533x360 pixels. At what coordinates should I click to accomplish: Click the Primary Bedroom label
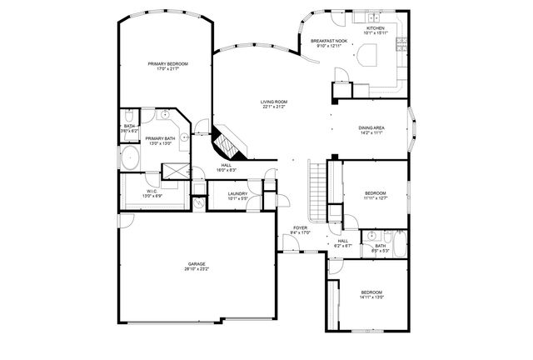[x=167, y=64]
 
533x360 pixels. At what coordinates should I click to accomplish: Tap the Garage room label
[x=197, y=264]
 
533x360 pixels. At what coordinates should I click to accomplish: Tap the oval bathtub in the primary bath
[x=130, y=157]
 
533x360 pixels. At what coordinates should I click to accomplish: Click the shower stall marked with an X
[x=177, y=170]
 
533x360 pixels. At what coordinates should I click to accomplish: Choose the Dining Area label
[x=371, y=127]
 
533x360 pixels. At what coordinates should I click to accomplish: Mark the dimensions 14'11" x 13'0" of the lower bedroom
[x=371, y=297]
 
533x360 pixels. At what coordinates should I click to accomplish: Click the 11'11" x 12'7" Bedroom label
[x=376, y=193]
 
